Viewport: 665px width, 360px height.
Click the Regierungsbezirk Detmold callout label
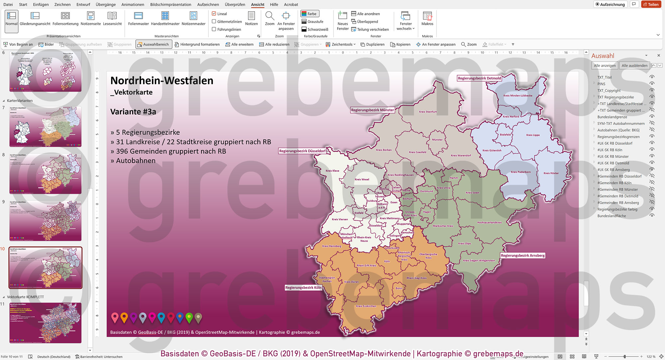click(479, 78)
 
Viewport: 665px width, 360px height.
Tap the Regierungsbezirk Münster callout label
click(372, 110)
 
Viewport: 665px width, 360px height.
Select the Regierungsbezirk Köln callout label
click(303, 287)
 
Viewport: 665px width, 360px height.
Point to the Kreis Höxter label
click(551, 173)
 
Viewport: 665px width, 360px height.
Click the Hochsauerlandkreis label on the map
click(489, 222)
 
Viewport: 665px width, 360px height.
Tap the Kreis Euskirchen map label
click(366, 306)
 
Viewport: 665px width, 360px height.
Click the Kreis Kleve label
click(332, 171)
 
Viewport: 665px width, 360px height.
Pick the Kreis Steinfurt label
click(428, 112)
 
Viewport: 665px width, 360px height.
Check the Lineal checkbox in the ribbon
click(214, 14)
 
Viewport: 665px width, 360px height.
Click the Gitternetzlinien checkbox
click(214, 22)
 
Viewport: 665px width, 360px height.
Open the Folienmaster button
click(138, 19)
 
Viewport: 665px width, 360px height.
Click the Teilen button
click(651, 4)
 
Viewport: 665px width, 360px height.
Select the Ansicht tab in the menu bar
click(257, 4)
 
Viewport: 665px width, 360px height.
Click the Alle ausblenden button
click(634, 66)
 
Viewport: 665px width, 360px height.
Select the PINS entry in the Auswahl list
click(601, 84)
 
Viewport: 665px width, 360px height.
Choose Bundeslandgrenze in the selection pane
click(612, 117)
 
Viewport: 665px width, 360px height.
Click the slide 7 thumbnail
click(45, 127)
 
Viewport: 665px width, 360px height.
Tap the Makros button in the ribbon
click(427, 19)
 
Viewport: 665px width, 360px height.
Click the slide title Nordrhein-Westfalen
click(162, 81)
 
